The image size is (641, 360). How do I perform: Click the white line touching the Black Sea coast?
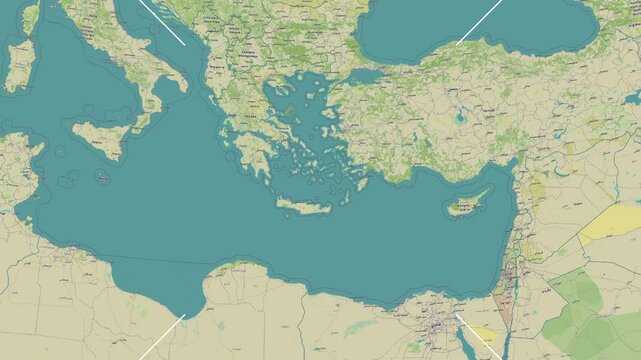click(478, 23)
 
